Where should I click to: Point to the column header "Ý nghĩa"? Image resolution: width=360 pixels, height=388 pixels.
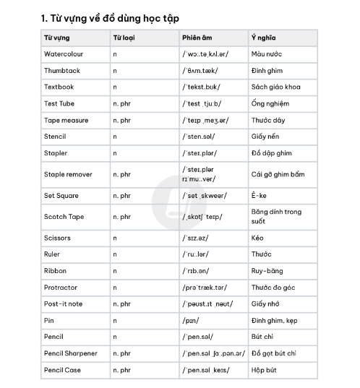click(263, 38)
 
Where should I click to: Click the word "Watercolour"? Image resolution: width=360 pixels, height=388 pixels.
click(64, 54)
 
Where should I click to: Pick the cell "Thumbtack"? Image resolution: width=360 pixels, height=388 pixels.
click(61, 71)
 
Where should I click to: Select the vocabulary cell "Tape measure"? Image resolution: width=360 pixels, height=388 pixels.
click(66, 120)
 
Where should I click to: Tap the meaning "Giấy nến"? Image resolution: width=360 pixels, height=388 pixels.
click(267, 137)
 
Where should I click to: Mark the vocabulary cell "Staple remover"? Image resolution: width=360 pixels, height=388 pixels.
click(68, 174)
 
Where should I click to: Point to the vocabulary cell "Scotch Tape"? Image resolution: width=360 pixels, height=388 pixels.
click(64, 217)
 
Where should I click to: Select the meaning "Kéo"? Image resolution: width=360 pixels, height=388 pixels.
click(257, 238)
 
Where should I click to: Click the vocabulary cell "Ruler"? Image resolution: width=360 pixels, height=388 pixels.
click(53, 254)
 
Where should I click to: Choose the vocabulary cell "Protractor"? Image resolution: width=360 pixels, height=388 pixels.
click(61, 288)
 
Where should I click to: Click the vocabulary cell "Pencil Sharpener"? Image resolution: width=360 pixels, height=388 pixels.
click(70, 353)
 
